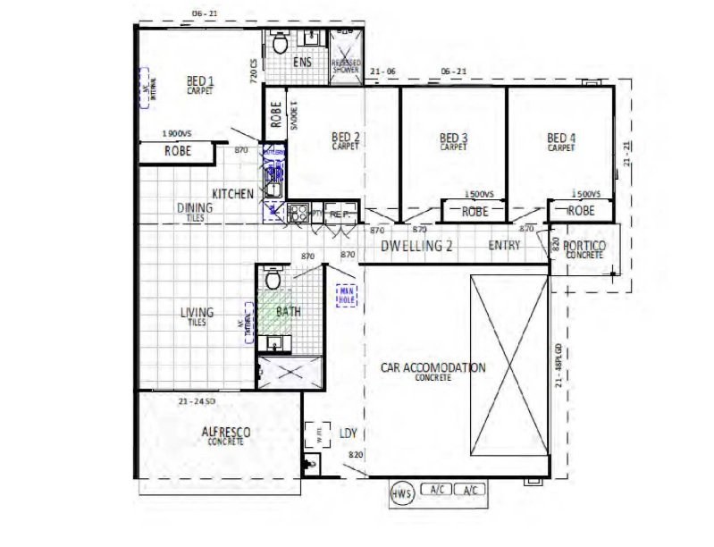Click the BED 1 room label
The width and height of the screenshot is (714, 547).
coord(200,79)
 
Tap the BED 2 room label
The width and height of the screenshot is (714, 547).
coord(345,138)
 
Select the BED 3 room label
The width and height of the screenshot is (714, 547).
coord(454,138)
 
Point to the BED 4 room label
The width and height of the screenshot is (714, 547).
coord(561,138)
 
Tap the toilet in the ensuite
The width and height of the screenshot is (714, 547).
coord(279,43)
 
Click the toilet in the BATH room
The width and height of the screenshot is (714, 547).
coord(274,280)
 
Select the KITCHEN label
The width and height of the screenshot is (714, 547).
coord(232,194)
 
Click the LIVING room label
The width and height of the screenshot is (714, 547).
coord(197,313)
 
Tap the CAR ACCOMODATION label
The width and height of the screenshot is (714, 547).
coord(433,368)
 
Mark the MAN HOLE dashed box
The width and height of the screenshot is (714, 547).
coord(346,296)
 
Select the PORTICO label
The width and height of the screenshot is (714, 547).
coord(585,246)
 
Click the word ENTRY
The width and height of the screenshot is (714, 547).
coord(505,246)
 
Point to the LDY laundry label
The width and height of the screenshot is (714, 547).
coord(349,433)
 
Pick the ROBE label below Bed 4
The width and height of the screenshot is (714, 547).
coord(581,211)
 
